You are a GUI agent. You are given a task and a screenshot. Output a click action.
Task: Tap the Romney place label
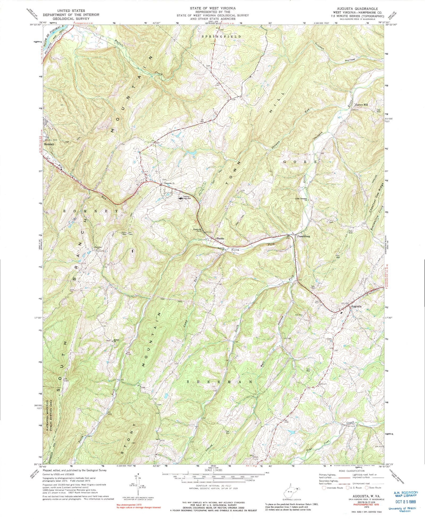point(49,144)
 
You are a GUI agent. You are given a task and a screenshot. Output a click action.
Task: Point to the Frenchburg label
point(303,236)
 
